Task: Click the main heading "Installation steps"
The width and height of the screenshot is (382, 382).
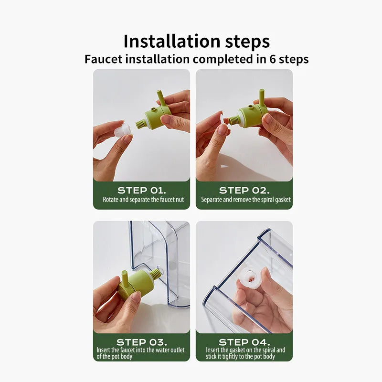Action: [197, 42]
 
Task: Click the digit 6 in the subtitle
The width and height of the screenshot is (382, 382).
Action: [272, 59]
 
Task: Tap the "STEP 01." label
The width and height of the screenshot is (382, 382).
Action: [141, 190]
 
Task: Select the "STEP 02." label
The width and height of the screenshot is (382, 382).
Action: [244, 190]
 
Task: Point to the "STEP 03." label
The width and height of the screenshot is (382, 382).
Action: [141, 342]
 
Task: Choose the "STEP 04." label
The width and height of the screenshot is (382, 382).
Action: [244, 342]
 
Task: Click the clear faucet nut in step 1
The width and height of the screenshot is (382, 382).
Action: [123, 129]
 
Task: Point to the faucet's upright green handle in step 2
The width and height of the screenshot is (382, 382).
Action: [262, 97]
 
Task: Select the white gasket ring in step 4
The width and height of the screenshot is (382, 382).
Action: [250, 278]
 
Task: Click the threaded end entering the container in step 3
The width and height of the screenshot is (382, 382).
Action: [155, 273]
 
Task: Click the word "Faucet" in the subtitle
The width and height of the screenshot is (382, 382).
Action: [103, 59]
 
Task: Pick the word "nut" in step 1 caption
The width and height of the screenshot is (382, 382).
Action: [180, 200]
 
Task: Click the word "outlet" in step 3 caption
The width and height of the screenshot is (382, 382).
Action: [177, 350]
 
